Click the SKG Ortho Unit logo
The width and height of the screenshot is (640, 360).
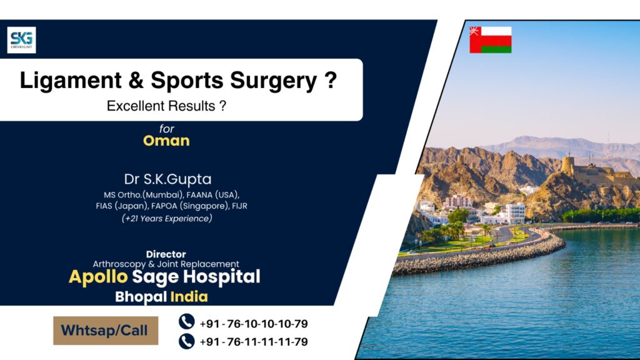coord(22,40)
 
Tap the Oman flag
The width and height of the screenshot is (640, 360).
coord(491,40)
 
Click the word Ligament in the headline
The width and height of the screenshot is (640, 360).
coord(69,82)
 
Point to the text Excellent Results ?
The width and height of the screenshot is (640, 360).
coord(166,106)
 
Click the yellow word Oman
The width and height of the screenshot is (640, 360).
coord(166,141)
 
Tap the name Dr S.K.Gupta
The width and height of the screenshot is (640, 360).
coord(166,179)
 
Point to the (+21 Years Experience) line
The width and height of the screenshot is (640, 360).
coord(167,218)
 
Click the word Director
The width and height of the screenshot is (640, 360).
coord(166,254)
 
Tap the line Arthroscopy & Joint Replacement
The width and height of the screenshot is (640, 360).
coord(166,264)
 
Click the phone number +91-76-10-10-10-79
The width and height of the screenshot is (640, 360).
coord(254,324)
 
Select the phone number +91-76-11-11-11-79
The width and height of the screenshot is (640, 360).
coord(254,342)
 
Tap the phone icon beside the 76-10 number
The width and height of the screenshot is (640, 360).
coord(186,322)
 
